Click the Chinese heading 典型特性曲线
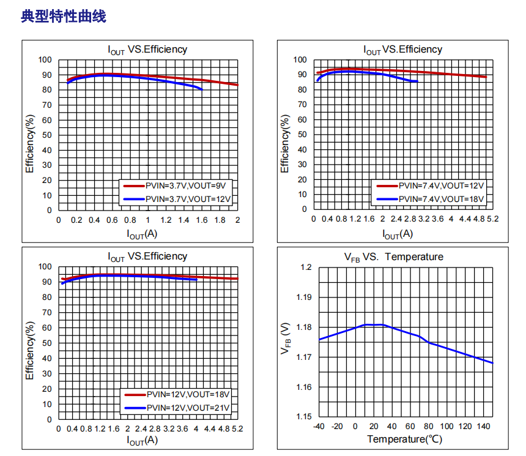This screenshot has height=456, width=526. [64, 17]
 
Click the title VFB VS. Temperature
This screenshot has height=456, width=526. [393, 256]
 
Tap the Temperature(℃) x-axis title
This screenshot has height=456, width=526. [404, 439]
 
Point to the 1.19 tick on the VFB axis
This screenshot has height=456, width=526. [304, 297]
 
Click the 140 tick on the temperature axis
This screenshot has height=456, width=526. [483, 426]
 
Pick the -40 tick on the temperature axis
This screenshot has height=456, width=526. [319, 426]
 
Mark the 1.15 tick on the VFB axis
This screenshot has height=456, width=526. [304, 416]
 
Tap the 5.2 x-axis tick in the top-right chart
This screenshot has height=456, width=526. [493, 219]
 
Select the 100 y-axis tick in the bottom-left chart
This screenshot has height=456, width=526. [45, 266]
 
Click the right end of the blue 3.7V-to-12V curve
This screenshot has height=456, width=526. [201, 89]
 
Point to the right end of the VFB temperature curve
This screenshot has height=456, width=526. [492, 363]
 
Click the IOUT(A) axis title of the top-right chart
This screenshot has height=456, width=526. [398, 234]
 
